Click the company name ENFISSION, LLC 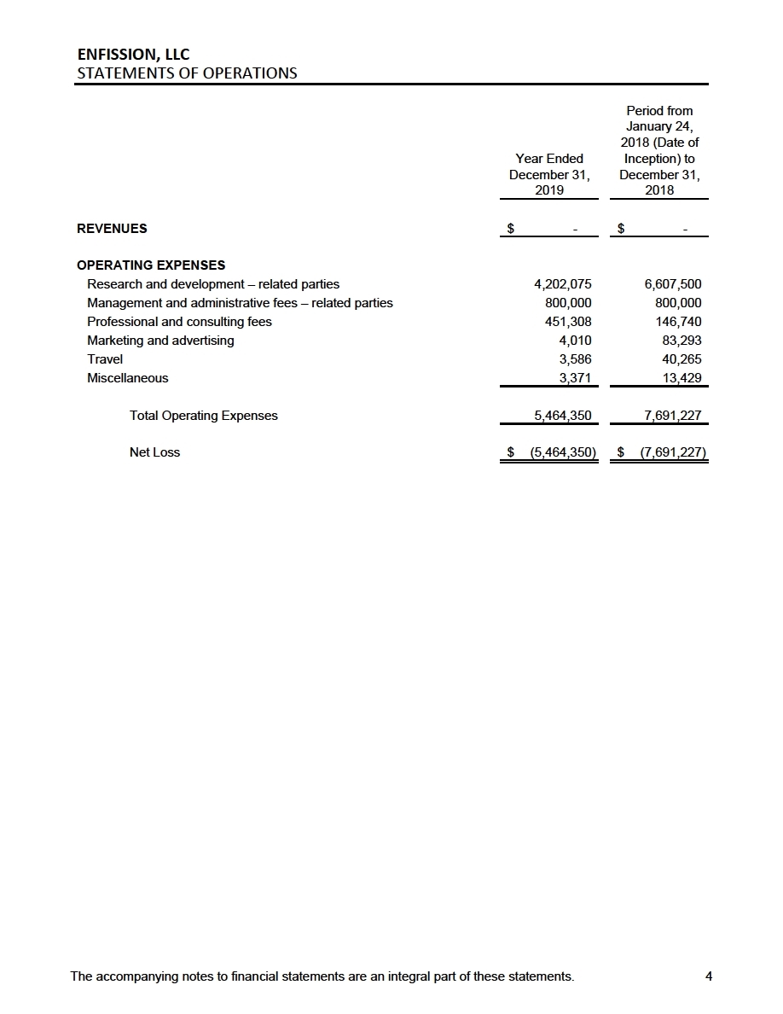point(132,55)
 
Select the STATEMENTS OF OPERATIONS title point(187,73)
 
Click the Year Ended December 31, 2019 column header point(549,174)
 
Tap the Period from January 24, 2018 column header point(659,150)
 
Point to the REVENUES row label point(112,229)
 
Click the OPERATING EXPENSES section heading point(151,265)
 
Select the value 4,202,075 point(562,284)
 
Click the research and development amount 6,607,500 point(673,284)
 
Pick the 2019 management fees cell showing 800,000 point(568,303)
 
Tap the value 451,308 point(568,322)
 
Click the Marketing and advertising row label point(160,341)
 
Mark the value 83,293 point(681,341)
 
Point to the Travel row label point(105,359)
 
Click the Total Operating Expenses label point(203,416)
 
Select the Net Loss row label point(154,452)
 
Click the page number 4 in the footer point(708,977)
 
